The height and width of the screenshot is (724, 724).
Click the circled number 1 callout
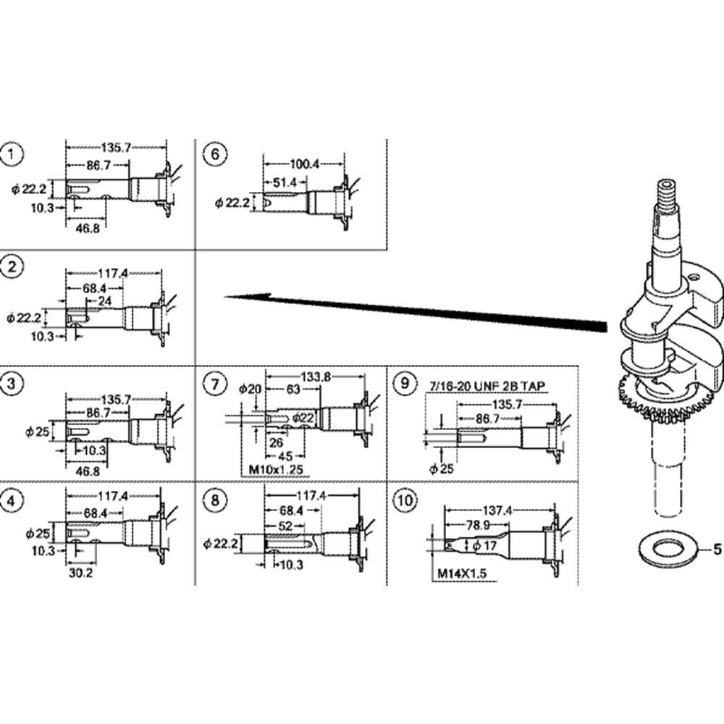tap(12, 154)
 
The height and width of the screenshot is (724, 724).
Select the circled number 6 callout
tap(215, 154)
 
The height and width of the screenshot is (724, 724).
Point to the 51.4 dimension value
tap(285, 183)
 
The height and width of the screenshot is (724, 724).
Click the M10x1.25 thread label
tap(274, 470)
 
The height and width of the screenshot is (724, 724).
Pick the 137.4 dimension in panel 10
tap(499, 511)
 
